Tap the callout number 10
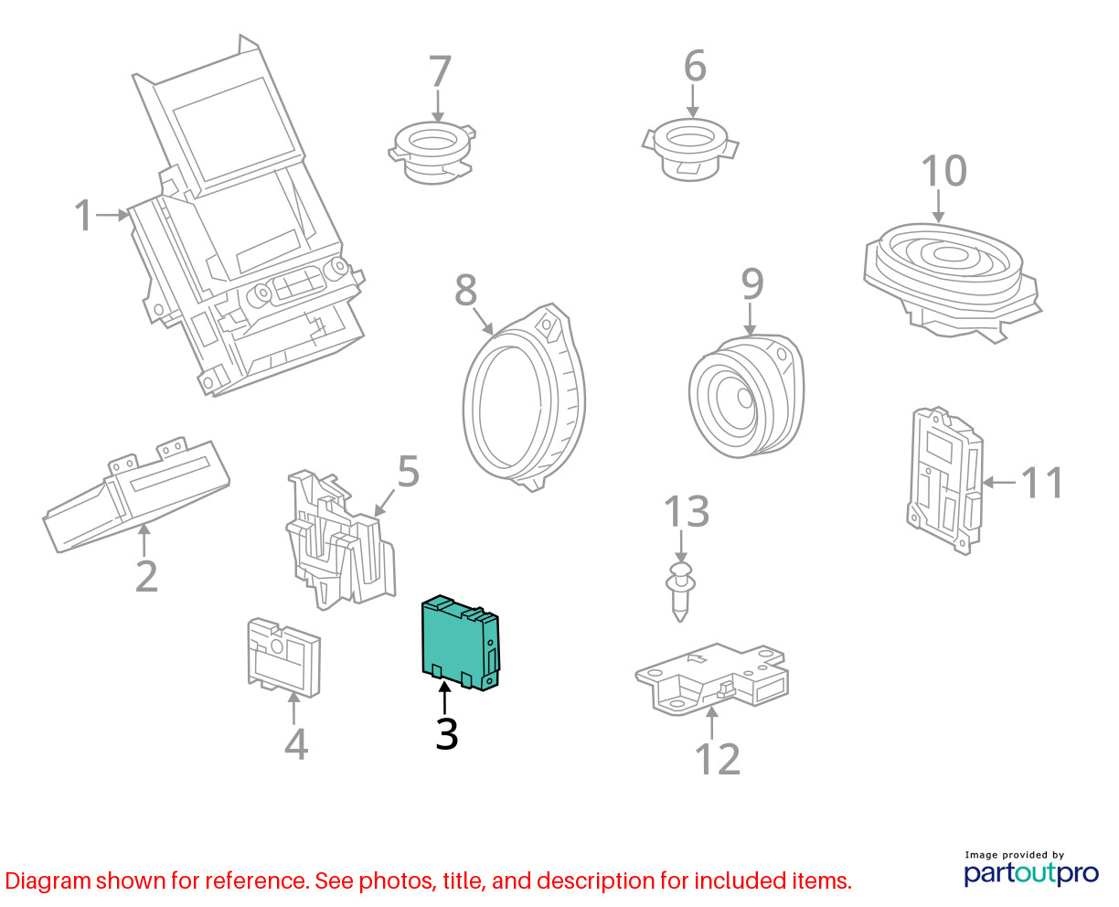pos(943,171)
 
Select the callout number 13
pos(686,511)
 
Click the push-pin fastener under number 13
pos(680,592)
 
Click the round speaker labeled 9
pos(746,396)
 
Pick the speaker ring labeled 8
pos(524,398)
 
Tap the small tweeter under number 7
pos(432,152)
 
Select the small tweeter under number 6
pos(690,150)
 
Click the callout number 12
pos(717,759)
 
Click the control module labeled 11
pos(944,480)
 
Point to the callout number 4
pos(296,744)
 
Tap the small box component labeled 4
pos(283,657)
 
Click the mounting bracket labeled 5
pos(340,539)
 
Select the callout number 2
pos(146,576)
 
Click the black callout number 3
pos(446,734)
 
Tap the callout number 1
pos(84,215)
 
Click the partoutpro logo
pos(1030,873)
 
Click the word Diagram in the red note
pos(48,881)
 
